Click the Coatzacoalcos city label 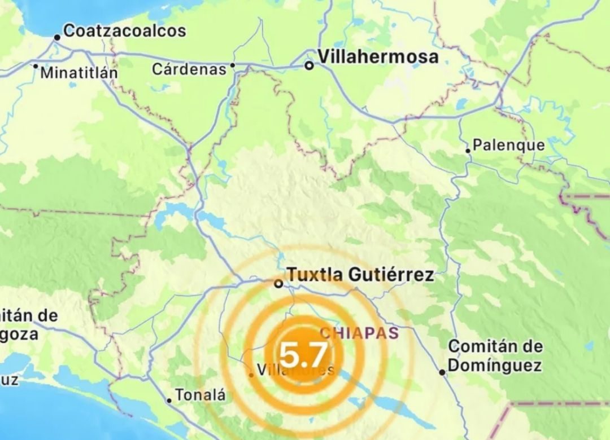click(x=124, y=30)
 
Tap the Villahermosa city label click(x=378, y=56)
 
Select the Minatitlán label click(x=79, y=73)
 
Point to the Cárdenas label click(x=189, y=69)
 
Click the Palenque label click(x=508, y=145)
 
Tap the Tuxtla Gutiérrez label click(x=360, y=275)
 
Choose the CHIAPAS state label click(x=360, y=332)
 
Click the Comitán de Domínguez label click(x=495, y=355)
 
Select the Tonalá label click(x=201, y=395)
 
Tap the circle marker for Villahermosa click(x=309, y=65)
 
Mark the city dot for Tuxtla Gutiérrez click(x=278, y=284)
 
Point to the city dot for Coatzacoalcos click(x=57, y=38)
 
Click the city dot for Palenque click(x=468, y=151)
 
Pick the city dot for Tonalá click(x=169, y=401)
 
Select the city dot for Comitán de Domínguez click(x=442, y=372)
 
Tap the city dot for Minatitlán click(x=35, y=66)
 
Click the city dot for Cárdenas click(x=232, y=65)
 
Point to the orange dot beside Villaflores click(x=251, y=375)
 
